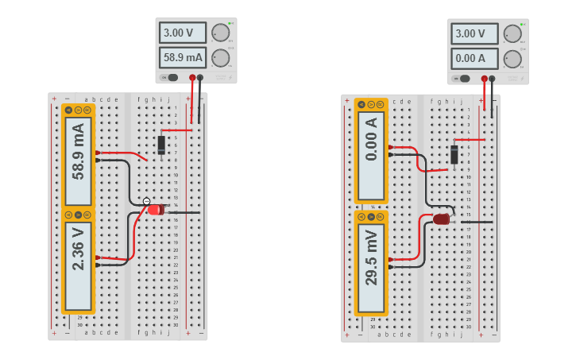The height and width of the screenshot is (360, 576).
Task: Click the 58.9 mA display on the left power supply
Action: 183,58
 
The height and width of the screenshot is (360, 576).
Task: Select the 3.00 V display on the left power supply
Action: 183,33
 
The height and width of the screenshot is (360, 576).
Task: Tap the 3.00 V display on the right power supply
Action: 475,33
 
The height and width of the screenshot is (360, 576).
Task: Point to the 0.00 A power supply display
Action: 475,59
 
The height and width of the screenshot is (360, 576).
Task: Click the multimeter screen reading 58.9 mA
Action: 78,151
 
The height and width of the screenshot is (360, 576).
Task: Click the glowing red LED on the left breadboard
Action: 155,210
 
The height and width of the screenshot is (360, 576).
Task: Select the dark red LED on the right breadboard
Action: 442,219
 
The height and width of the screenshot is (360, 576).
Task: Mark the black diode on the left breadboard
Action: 161,145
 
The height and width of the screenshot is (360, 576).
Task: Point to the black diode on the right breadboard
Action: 454,154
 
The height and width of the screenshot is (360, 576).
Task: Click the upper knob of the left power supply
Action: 220,33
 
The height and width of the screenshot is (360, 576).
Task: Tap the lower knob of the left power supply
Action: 220,58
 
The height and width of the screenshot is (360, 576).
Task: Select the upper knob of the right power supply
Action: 512,33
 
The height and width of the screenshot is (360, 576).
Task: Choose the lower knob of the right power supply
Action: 512,59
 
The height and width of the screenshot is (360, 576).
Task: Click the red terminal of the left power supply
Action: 191,78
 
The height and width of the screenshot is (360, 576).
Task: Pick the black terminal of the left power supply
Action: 200,78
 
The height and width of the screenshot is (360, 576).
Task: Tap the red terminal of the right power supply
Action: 484,79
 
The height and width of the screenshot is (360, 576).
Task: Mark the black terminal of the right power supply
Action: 493,79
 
